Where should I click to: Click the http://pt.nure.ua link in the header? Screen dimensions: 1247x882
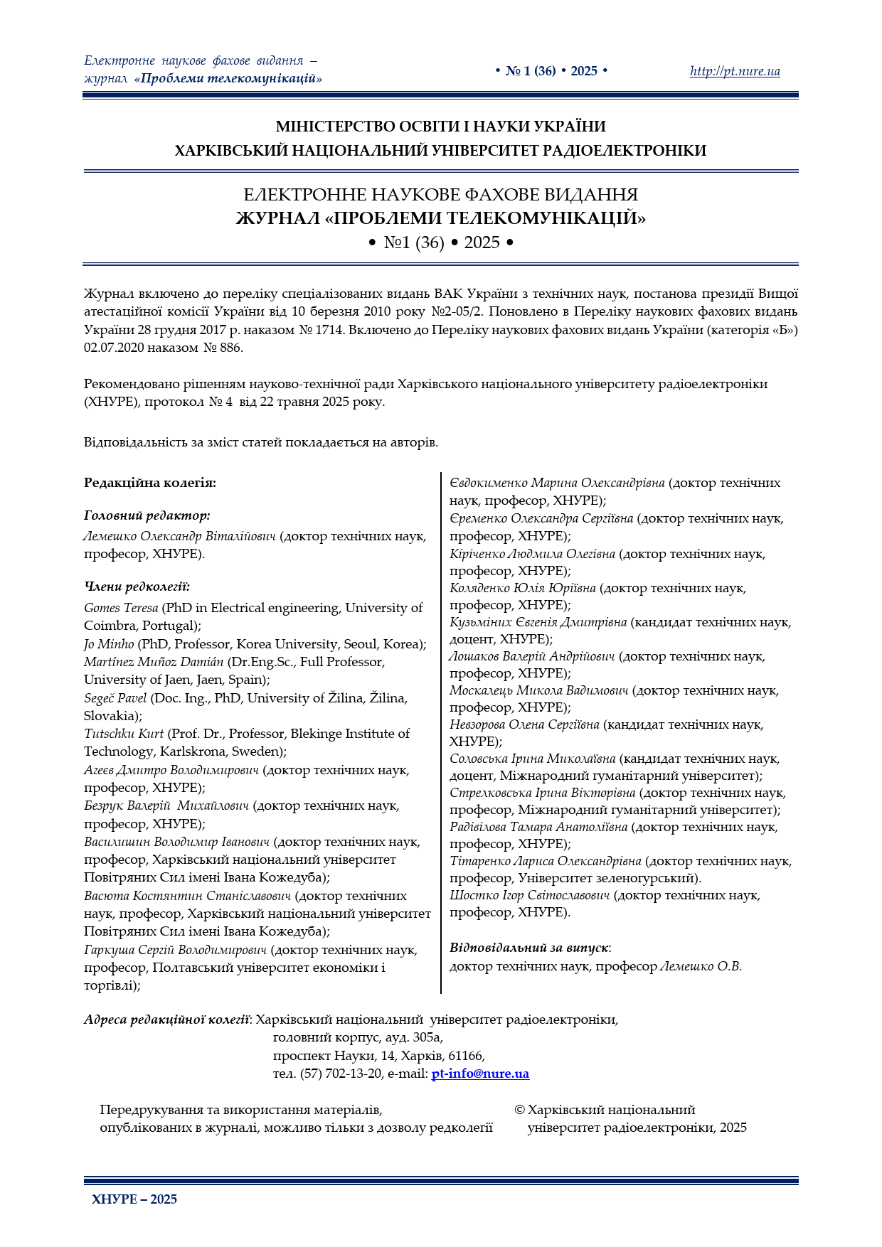pyautogui.click(x=734, y=71)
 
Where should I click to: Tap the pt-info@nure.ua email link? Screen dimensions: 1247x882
pyautogui.click(x=480, y=1074)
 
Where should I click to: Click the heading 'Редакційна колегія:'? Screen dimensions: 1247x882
pyautogui.click(x=150, y=483)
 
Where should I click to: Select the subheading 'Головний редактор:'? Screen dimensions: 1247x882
pyautogui.click(x=147, y=515)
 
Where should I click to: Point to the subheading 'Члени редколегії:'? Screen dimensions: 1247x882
pyautogui.click(x=137, y=587)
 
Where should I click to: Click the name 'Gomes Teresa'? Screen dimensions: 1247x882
pyautogui.click(x=121, y=608)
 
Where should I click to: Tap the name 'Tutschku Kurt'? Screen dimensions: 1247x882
pyautogui.click(x=124, y=734)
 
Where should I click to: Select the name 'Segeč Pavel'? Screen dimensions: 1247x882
pyautogui.click(x=115, y=698)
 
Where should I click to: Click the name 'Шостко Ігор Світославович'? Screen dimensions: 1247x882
pyautogui.click(x=529, y=895)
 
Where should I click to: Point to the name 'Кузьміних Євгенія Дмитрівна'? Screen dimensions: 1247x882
pyautogui.click(x=538, y=622)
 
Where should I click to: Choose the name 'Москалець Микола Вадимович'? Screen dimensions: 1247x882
pyautogui.click(x=538, y=690)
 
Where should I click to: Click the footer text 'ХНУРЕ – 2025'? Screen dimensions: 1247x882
pyautogui.click(x=134, y=1199)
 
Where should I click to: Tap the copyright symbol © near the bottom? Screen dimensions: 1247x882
pyautogui.click(x=519, y=1110)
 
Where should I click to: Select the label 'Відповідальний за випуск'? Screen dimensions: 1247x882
pyautogui.click(x=528, y=948)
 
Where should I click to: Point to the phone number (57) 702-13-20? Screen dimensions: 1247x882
pyautogui.click(x=341, y=1074)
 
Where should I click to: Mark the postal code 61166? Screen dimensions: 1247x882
pyautogui.click(x=466, y=1056)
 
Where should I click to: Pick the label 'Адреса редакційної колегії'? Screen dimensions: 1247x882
pyautogui.click(x=166, y=1019)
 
